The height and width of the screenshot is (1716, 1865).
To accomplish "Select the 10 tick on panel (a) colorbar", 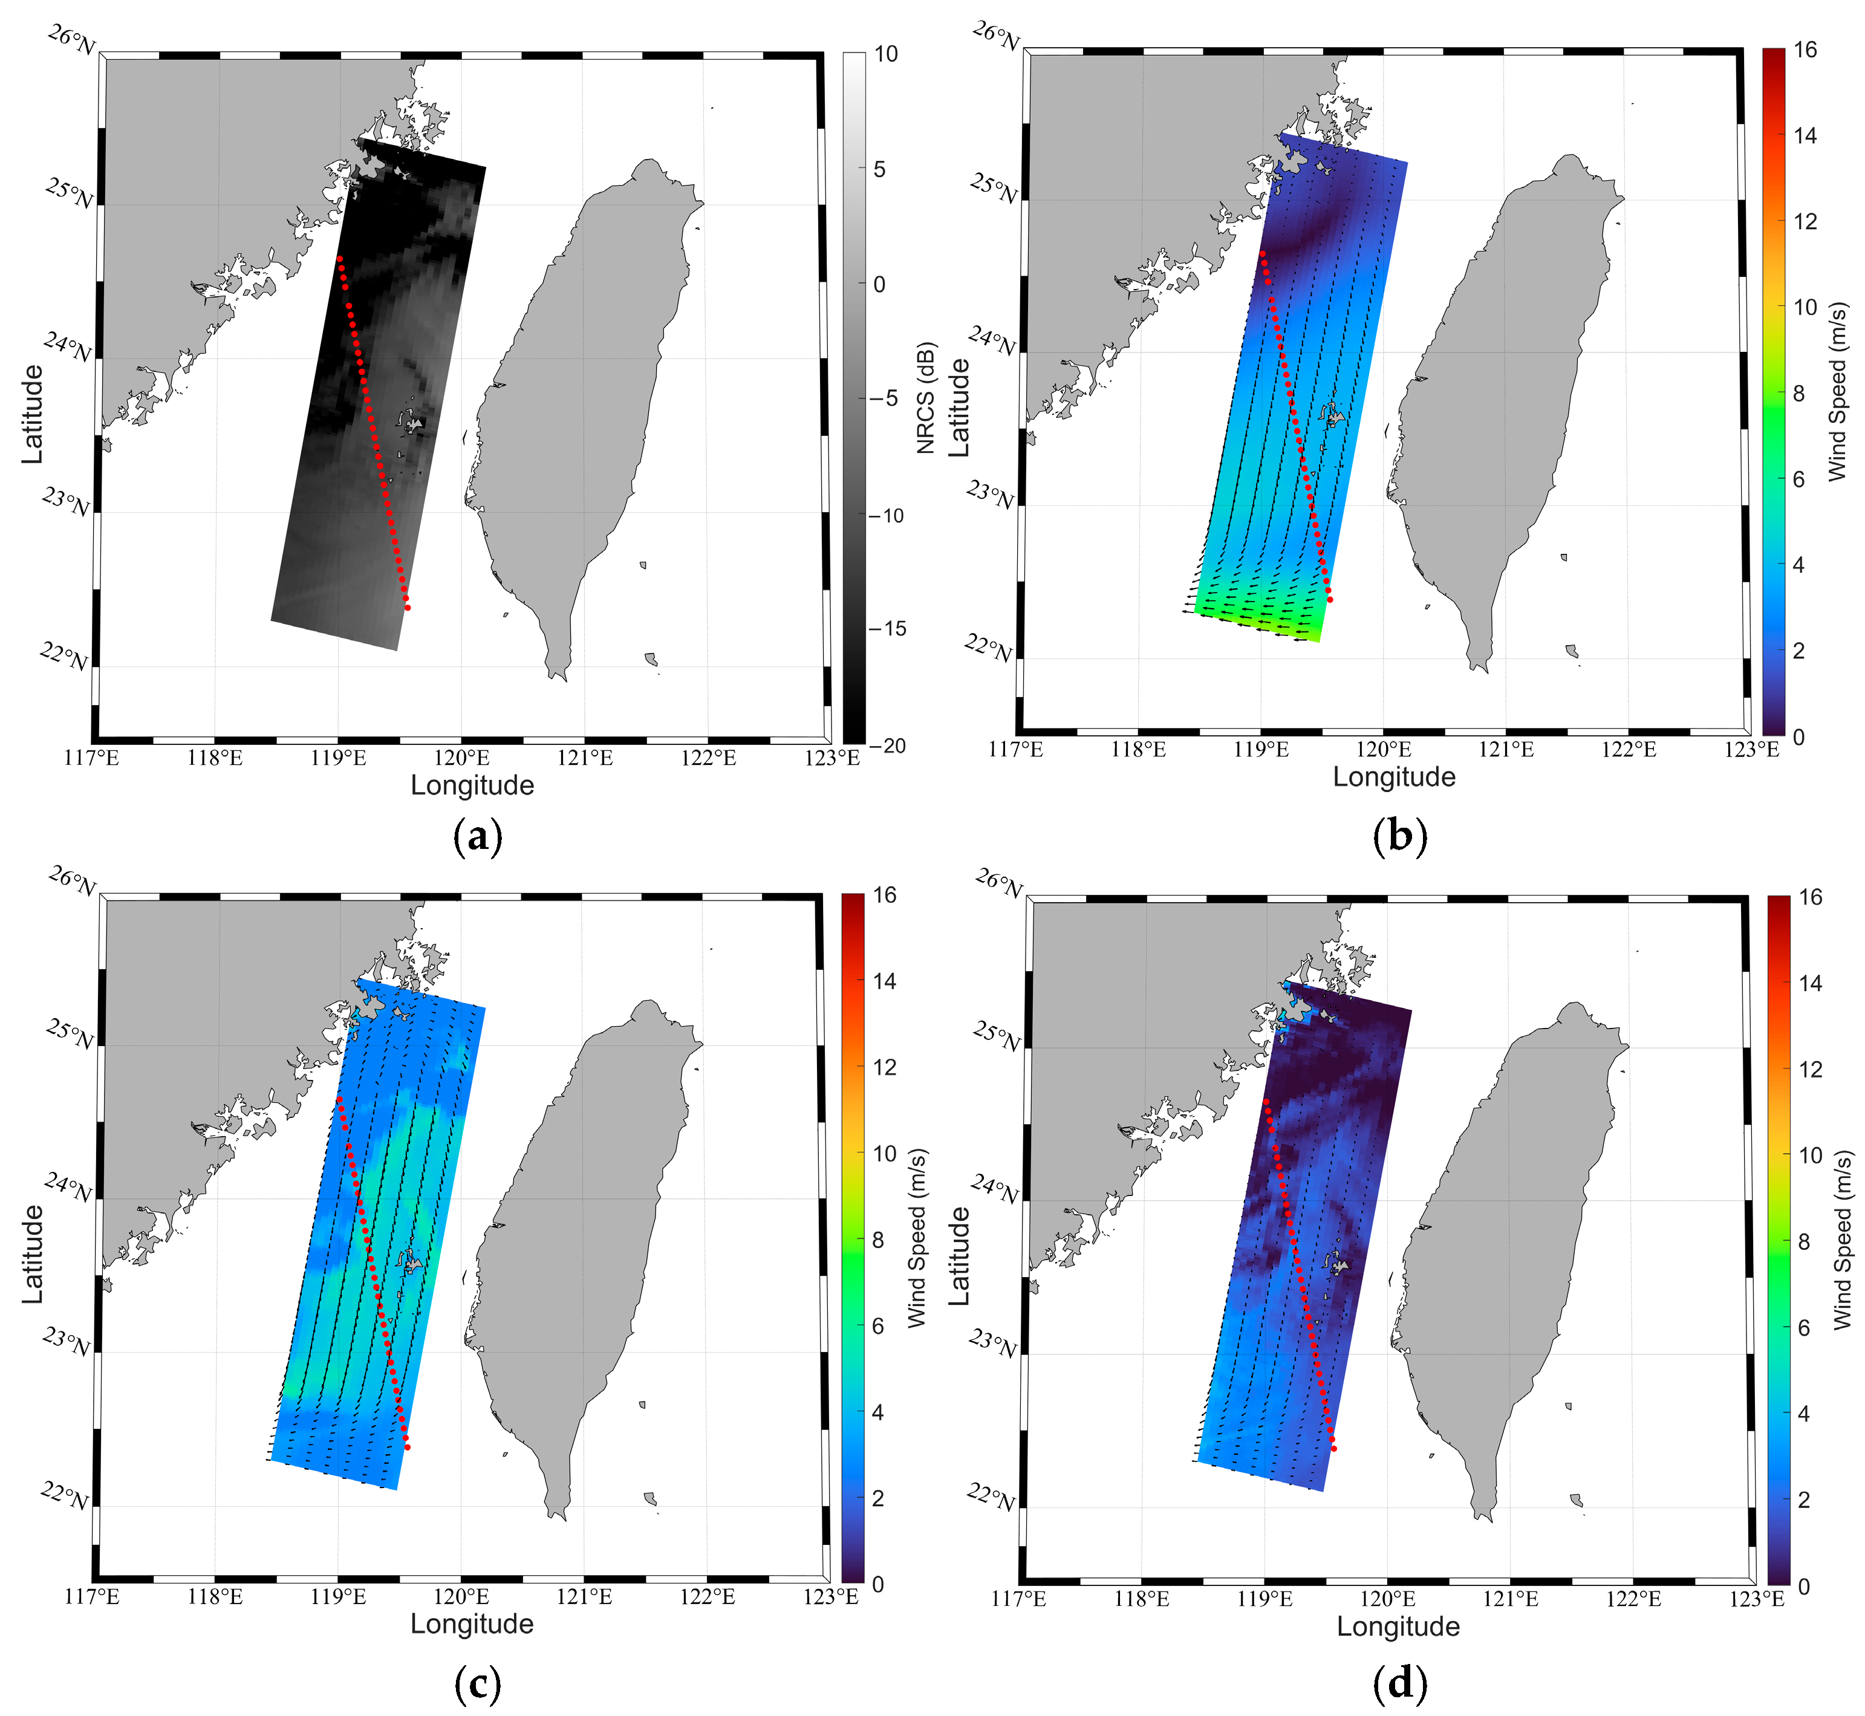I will coord(886,54).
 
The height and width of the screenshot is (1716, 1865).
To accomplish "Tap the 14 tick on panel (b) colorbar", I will coord(1805,135).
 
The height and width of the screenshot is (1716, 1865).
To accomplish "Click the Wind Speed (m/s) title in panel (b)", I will coord(1837,392).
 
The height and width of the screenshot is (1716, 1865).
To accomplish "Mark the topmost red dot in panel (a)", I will coord(340,259).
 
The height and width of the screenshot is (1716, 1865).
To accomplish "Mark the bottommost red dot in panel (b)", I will coord(1330,600).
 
